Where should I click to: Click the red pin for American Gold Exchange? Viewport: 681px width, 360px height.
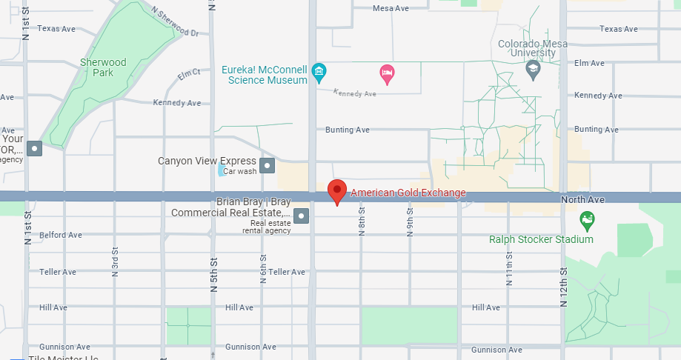337,190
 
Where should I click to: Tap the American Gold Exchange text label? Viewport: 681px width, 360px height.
408,193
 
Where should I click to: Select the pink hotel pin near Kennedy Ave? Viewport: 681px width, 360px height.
386,73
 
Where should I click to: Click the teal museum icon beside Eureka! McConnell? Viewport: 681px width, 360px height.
319,72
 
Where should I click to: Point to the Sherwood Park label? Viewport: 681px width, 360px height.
104,68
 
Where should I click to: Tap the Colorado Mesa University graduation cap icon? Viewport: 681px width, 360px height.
533,70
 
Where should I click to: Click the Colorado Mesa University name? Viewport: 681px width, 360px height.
533,48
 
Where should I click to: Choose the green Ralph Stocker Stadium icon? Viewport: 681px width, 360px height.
587,220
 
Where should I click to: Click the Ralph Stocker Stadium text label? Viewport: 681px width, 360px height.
541,239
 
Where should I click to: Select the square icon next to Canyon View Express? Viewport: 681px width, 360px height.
268,164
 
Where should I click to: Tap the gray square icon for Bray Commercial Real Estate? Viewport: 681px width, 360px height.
301,216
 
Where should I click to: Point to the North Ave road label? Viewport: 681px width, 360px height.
582,200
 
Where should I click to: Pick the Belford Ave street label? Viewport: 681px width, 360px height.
61,235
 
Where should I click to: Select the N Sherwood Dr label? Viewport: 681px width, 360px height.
176,23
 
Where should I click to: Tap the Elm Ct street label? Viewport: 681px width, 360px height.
190,74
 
